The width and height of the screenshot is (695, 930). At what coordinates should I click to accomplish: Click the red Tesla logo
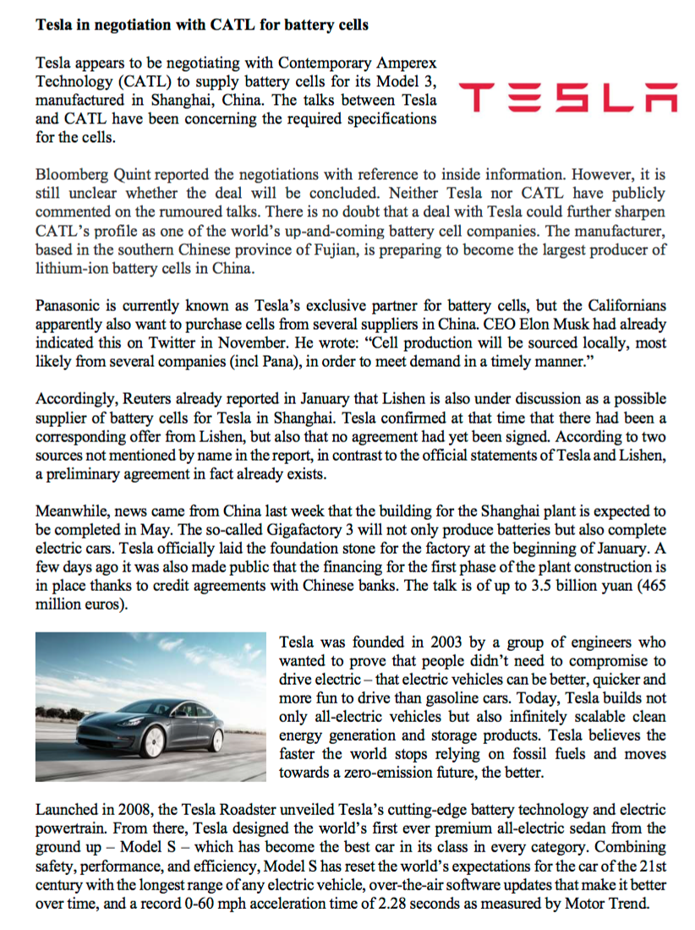[565, 99]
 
